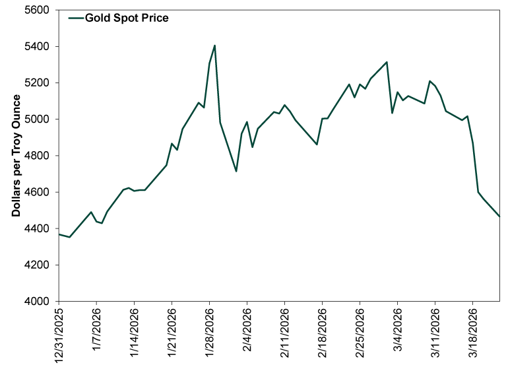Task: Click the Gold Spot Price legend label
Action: (127, 18)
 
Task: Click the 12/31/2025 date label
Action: (59, 334)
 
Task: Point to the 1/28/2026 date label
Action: (209, 334)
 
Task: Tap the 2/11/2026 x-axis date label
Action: (284, 334)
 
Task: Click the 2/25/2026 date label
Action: (360, 334)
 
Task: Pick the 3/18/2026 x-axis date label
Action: (472, 334)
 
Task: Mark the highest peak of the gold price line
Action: (215, 46)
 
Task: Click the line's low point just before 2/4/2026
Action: (236, 172)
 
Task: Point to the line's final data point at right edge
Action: (499, 217)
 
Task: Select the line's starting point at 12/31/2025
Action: (59, 234)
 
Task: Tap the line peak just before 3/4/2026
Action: (387, 62)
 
